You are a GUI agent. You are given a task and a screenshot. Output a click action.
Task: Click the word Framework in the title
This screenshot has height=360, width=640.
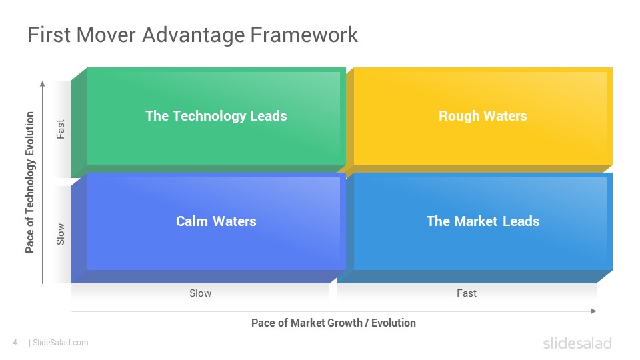pos(304,34)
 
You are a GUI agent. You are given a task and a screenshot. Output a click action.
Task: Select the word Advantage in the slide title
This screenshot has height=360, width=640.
pos(193,35)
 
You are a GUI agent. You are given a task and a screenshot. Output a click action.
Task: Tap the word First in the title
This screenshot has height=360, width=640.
pos(49,34)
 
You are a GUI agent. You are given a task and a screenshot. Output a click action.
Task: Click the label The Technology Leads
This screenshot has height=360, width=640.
pos(216,116)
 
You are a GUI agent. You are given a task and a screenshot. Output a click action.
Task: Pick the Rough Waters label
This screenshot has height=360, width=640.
pos(483,116)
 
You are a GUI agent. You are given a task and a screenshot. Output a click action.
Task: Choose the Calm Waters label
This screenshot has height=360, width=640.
pos(216,221)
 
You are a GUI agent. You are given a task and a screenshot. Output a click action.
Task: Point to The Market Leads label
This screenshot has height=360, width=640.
pos(483,221)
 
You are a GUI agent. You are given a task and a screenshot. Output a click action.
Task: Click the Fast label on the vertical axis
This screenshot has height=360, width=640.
pos(61,129)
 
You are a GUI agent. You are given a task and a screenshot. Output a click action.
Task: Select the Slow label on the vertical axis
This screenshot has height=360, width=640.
pos(61,234)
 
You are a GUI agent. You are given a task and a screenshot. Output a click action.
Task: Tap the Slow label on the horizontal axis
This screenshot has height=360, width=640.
pos(201,293)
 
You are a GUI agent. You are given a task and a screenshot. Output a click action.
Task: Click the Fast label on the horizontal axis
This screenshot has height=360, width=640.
pos(467,293)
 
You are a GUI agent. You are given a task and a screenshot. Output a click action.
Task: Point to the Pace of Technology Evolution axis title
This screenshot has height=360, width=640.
pos(30,182)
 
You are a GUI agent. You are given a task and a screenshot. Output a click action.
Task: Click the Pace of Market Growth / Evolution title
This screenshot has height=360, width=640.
pos(333,323)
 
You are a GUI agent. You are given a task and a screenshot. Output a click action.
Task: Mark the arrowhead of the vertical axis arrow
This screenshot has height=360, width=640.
pos(42,84)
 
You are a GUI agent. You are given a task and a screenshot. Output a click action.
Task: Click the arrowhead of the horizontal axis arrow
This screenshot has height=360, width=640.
pos(594,311)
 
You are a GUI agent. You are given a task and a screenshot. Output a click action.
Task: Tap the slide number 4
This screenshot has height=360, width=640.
pos(15,343)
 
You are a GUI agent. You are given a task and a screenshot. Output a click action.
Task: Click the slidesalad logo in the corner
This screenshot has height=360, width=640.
pos(577,343)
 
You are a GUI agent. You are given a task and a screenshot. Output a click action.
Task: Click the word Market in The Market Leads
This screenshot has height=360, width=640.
pos(476,221)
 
